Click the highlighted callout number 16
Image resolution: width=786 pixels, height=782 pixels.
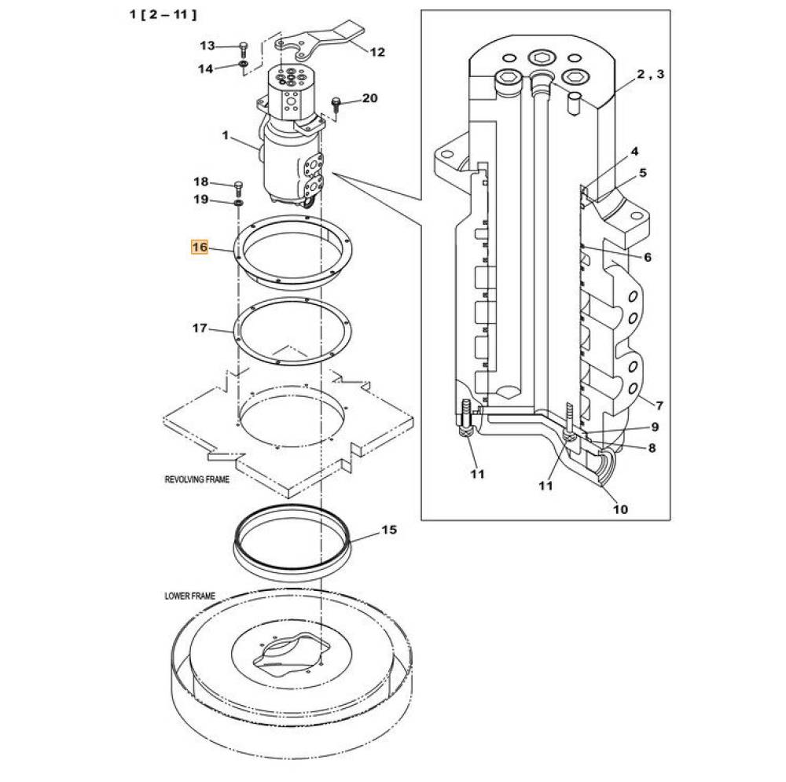point(199,247)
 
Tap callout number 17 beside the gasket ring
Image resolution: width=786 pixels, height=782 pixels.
point(200,329)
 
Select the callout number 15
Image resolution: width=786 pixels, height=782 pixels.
point(389,530)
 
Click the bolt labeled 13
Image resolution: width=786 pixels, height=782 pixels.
point(244,50)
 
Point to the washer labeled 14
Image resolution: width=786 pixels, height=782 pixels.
point(244,64)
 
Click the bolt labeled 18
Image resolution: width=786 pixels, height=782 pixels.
point(238,189)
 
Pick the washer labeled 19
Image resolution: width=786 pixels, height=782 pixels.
point(239,203)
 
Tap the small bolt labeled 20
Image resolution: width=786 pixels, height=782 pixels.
point(336,105)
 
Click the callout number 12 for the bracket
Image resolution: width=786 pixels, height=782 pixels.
point(377,52)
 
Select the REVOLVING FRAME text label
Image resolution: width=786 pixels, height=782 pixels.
point(197,479)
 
